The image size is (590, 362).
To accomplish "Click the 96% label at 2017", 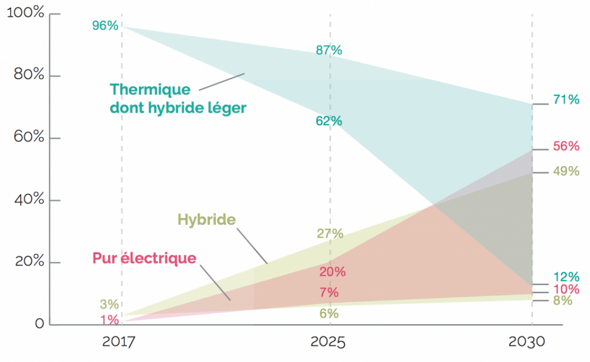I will click(x=105, y=25).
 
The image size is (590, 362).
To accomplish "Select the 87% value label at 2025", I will click(x=329, y=50).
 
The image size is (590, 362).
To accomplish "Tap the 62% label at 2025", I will click(x=329, y=121).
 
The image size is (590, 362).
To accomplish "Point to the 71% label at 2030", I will click(x=566, y=100).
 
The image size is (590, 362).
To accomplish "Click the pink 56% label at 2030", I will click(x=566, y=146).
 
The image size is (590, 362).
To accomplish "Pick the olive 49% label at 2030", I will click(x=566, y=171).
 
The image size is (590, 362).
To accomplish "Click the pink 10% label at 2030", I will click(x=566, y=289).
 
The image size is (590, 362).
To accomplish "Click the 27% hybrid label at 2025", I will click(x=330, y=234).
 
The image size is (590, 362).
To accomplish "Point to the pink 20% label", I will click(x=332, y=272).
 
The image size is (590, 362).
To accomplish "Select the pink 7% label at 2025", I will click(x=329, y=293).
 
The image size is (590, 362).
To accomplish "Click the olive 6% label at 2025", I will click(x=329, y=313).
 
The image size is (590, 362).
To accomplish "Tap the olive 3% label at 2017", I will click(x=109, y=305).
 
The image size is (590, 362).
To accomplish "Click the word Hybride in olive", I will click(x=207, y=220).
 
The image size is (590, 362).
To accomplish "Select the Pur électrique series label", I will click(x=144, y=258).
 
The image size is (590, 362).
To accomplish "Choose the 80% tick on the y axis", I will click(x=26, y=75).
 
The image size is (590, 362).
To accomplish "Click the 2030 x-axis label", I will click(x=527, y=342).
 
